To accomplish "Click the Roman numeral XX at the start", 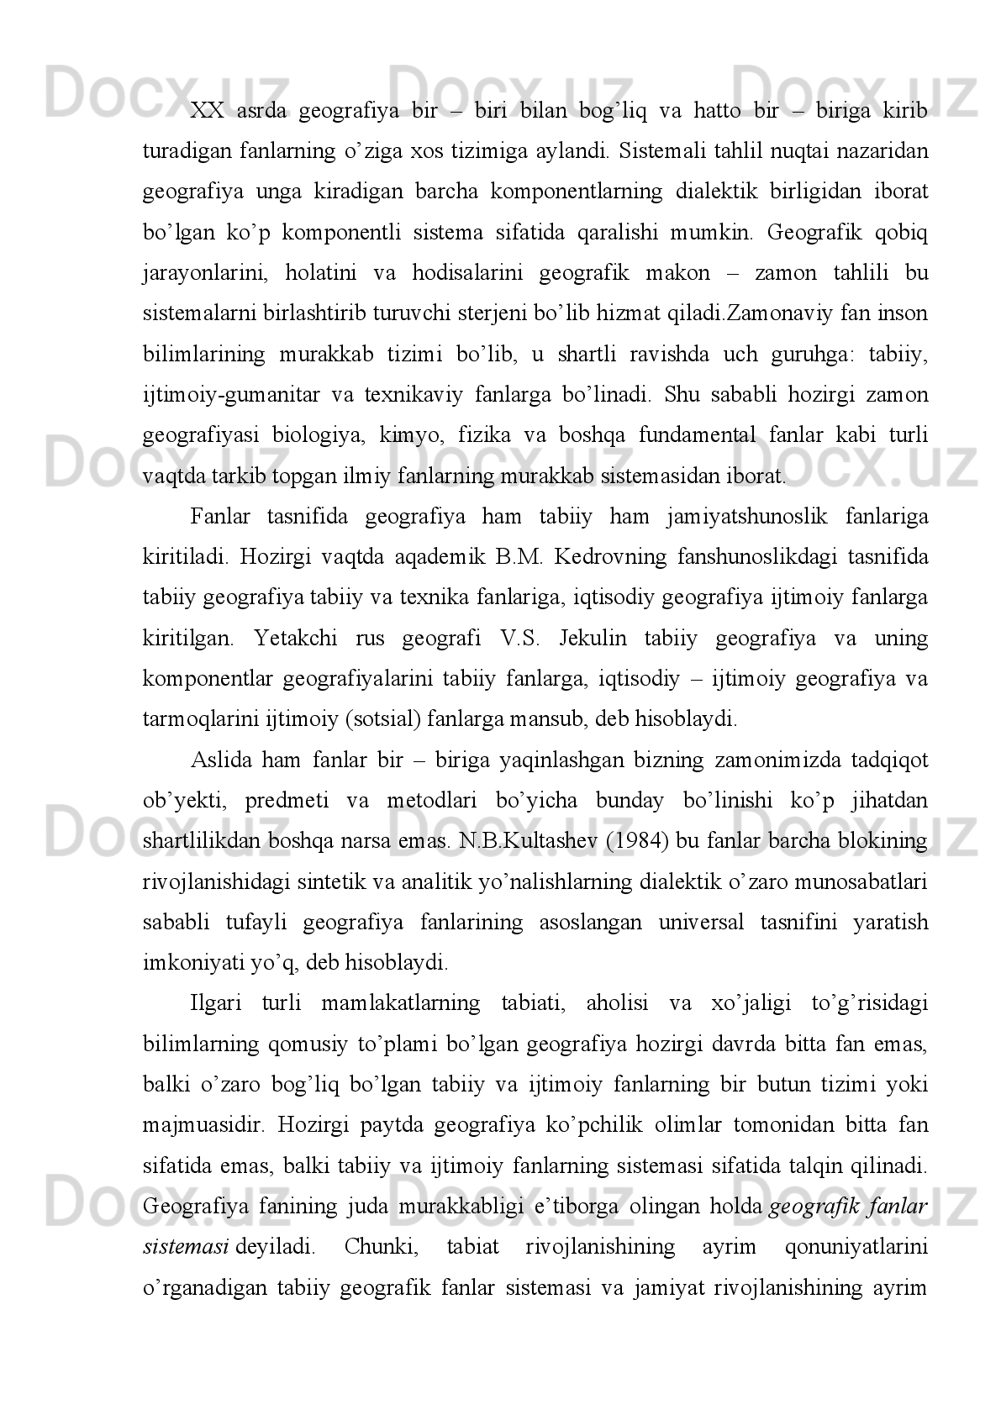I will point(205,110).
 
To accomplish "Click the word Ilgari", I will point(217,1003).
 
